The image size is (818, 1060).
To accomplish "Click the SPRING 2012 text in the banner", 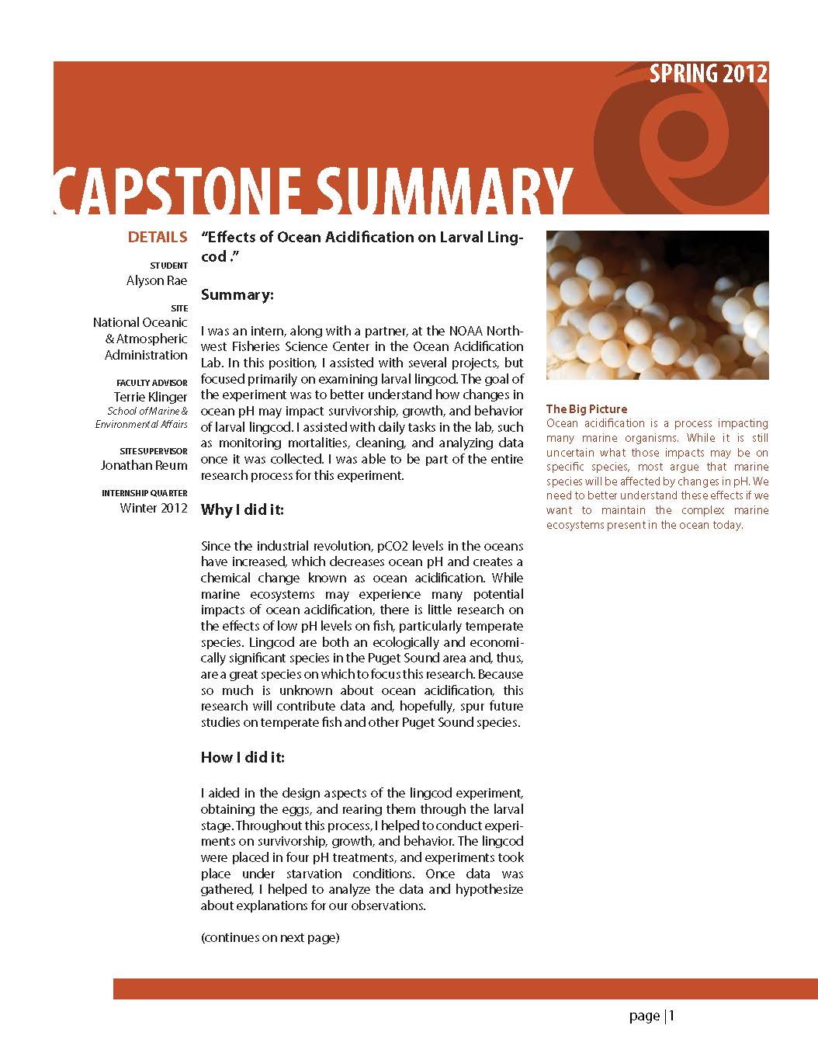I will coord(708,74).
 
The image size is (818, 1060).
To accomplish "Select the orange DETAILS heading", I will coord(158,238).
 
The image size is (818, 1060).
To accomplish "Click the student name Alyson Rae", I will coord(157,281).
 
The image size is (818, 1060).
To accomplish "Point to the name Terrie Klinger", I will coord(151,397).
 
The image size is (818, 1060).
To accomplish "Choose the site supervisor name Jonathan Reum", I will coord(144,466).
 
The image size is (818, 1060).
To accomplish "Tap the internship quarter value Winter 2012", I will coord(154,509).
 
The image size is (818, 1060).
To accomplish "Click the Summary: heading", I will coord(237,295).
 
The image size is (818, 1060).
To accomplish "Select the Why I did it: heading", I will coord(242,510).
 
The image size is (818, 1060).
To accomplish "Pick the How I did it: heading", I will coord(242,757).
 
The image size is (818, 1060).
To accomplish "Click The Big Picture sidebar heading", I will coord(587,409).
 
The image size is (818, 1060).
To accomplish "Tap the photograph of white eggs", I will coord(657,304).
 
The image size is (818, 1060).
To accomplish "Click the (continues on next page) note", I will coord(270,937).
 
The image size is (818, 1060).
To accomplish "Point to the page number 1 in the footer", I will coord(672,1016).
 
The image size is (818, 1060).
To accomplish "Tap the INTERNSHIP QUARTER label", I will coord(144,494).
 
